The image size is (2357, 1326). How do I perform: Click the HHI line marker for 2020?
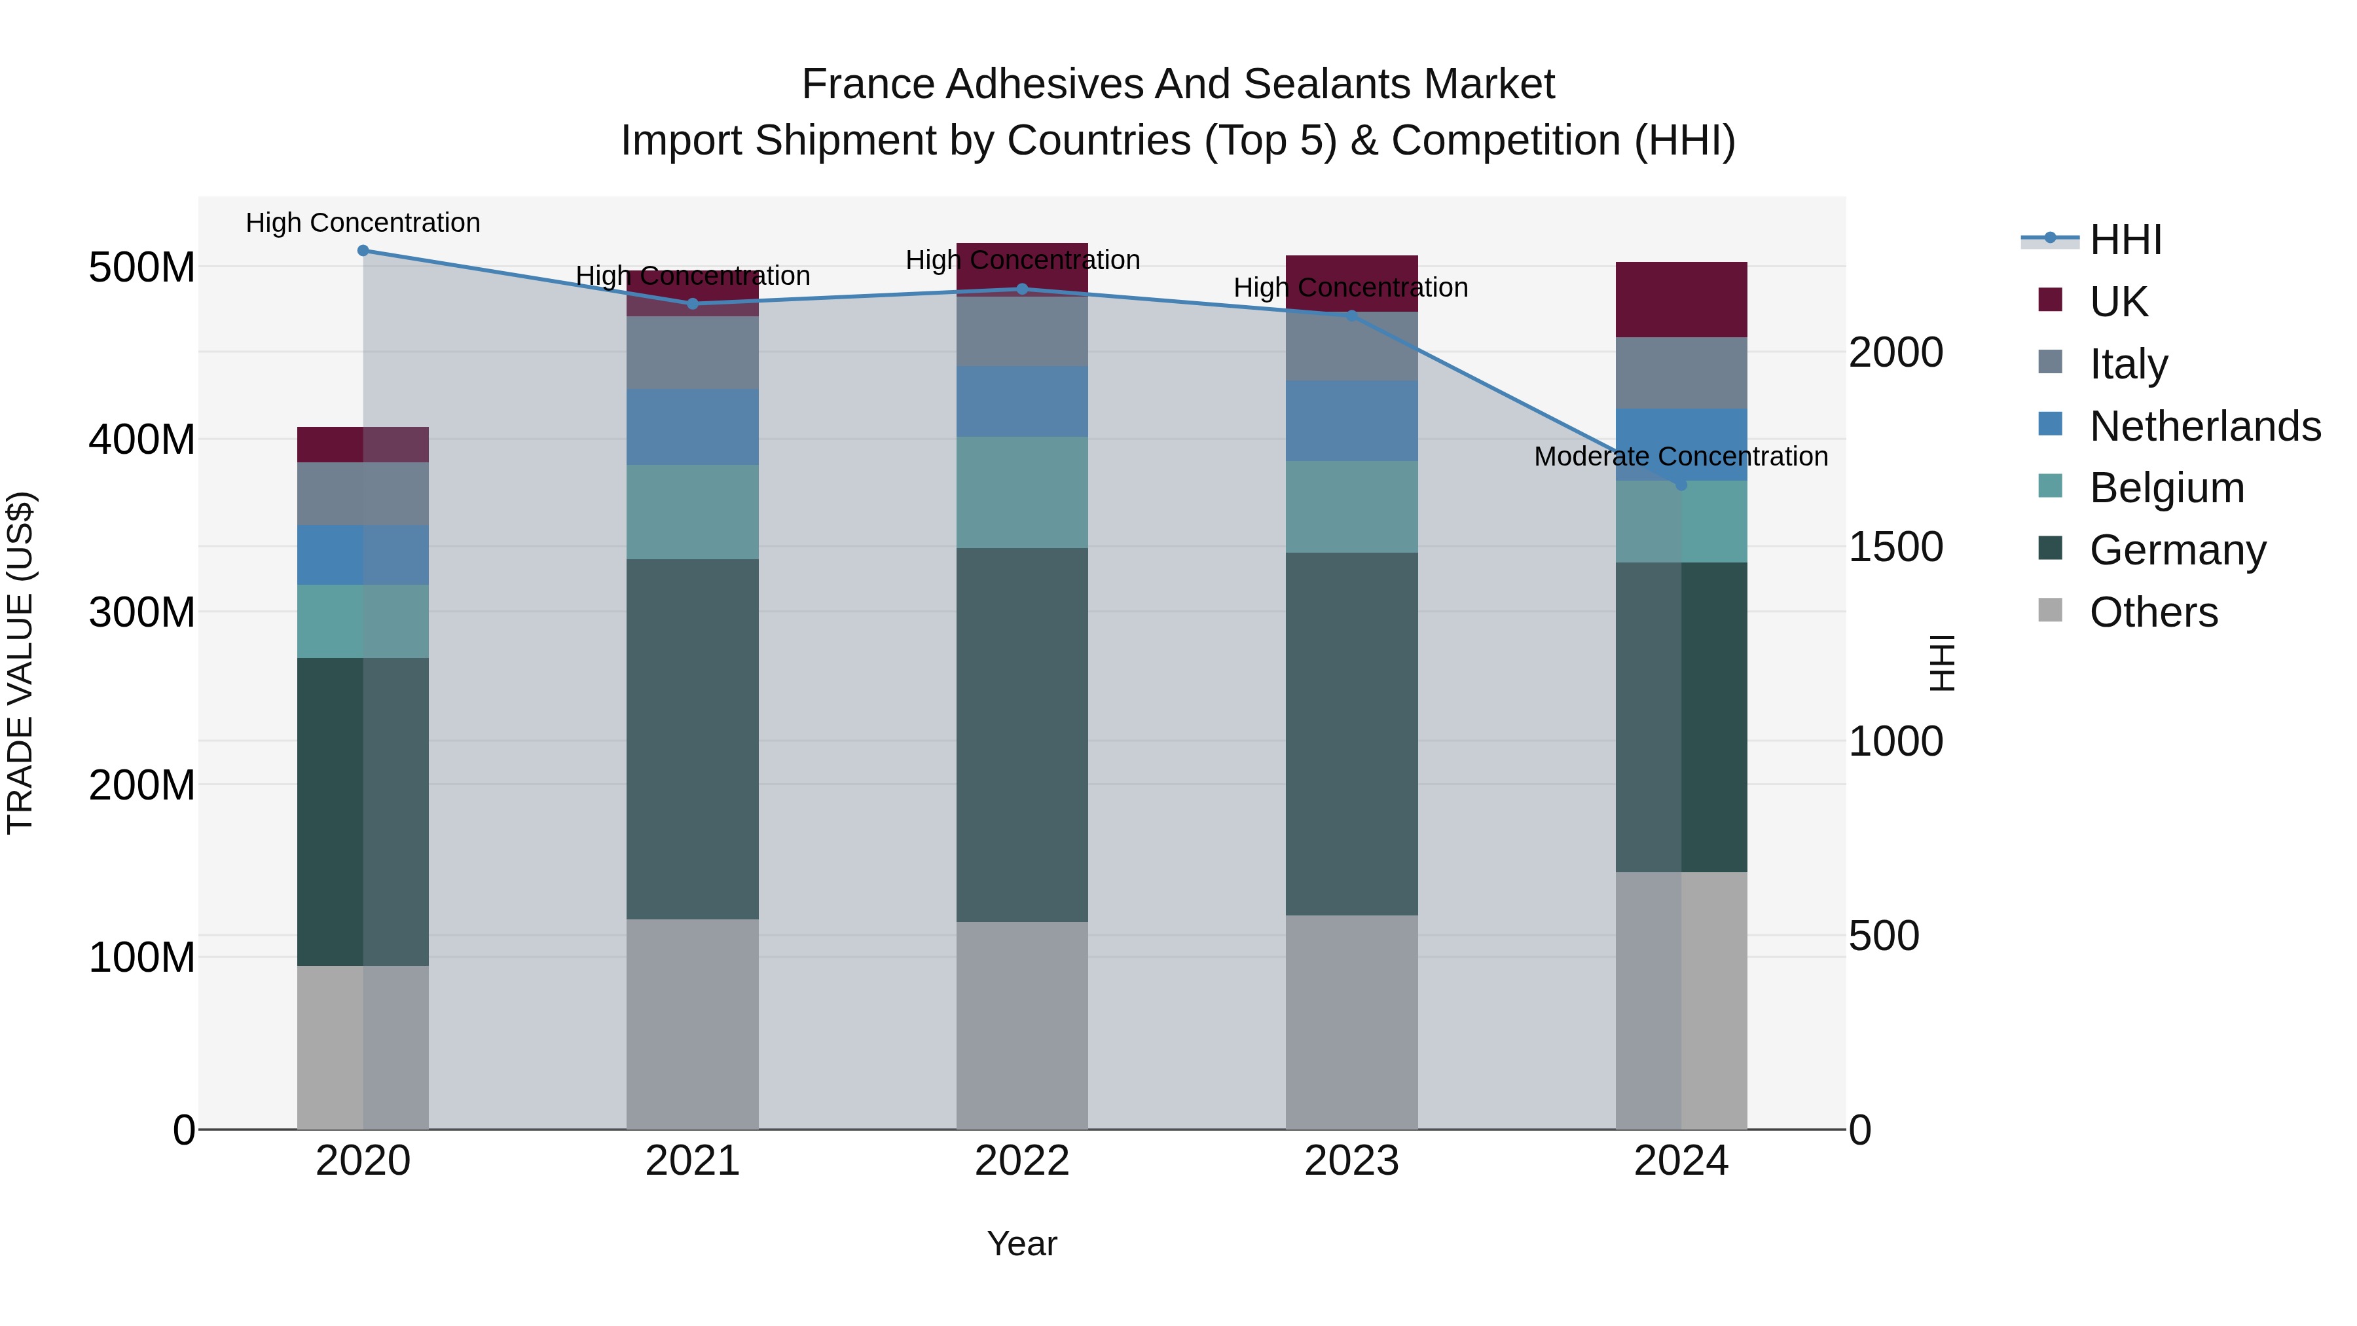363,251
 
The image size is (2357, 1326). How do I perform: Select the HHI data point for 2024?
1681,484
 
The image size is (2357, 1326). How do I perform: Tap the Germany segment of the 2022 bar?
1022,734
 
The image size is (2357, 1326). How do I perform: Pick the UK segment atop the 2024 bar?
1681,299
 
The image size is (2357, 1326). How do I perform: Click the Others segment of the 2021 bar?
693,1023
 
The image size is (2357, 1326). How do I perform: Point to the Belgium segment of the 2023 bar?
1351,506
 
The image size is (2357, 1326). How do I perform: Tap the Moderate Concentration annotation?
1681,456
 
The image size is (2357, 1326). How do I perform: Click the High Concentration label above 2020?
363,223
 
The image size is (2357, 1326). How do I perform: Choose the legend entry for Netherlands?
2205,426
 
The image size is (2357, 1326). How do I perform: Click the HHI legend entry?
2125,240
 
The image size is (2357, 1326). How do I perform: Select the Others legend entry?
2153,612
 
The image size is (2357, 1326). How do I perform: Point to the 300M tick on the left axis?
142,612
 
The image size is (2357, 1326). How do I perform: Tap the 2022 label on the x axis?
1022,1161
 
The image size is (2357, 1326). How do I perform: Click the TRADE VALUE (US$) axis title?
20,663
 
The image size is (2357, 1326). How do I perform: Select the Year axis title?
1022,1243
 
